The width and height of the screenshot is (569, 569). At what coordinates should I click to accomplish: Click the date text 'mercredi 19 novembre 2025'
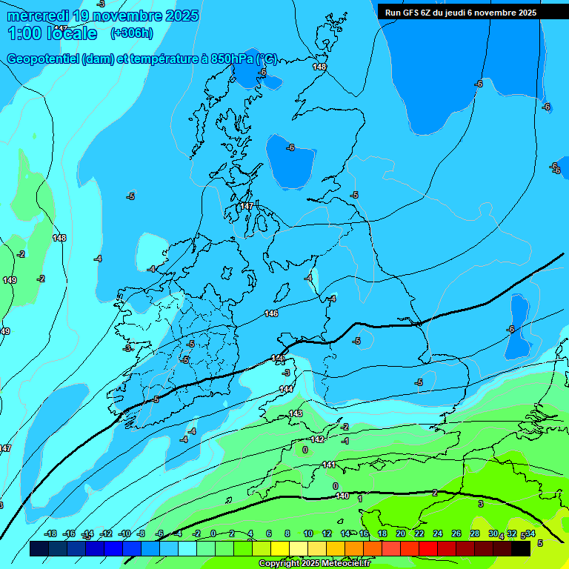click(x=103, y=16)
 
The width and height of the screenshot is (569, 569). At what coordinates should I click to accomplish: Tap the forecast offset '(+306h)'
click(x=132, y=33)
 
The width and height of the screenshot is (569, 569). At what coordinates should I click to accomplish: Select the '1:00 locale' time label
click(x=53, y=33)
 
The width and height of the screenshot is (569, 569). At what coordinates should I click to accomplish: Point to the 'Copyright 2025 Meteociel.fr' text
click(x=316, y=564)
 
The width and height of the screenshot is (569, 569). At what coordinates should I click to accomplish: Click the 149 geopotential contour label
click(x=10, y=280)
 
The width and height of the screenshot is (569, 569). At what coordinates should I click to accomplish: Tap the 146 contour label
click(x=271, y=314)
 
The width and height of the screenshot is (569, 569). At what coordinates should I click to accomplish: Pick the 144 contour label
click(x=286, y=389)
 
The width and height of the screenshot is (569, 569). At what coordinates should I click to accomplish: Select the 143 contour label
click(x=296, y=413)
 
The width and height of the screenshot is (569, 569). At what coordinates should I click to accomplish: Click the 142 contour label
click(x=317, y=439)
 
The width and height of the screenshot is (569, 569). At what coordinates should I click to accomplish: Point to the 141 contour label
click(x=329, y=465)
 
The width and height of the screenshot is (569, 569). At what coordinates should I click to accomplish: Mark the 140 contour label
click(x=342, y=496)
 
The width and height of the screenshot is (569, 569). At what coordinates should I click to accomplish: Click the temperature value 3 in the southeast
click(x=480, y=504)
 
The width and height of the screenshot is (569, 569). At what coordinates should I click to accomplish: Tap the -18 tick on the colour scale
click(x=51, y=534)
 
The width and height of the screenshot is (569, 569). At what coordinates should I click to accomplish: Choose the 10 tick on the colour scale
click(x=307, y=534)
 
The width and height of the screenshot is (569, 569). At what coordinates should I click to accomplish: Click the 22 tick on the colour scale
click(x=419, y=534)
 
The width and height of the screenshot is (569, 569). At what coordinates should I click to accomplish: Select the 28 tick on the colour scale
click(x=474, y=534)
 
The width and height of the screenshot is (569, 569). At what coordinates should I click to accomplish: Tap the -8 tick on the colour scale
click(x=141, y=534)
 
